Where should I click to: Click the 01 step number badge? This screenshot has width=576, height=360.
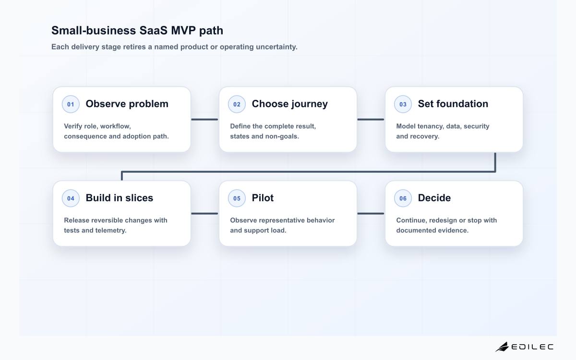[71, 104]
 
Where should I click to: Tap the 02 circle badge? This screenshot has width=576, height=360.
[237, 104]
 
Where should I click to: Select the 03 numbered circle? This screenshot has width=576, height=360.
[403, 104]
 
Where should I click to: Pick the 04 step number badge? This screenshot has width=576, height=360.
[71, 198]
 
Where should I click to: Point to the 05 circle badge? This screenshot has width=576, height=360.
[237, 198]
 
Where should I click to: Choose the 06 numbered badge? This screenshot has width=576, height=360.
[403, 198]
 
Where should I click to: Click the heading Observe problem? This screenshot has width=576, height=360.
[127, 104]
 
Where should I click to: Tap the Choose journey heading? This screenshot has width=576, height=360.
[290, 104]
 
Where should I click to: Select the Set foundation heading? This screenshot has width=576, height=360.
[453, 104]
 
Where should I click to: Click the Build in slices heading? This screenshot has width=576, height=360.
[120, 198]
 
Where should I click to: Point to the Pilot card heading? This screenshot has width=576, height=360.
[263, 198]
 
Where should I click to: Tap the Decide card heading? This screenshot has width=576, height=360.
[434, 198]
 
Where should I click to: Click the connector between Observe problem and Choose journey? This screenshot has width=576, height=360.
[204, 120]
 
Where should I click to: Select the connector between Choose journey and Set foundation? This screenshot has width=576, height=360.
[371, 120]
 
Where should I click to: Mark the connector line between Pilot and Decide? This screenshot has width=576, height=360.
[371, 214]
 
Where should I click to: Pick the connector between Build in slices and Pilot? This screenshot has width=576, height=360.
[204, 214]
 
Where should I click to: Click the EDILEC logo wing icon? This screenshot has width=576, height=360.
[502, 347]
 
